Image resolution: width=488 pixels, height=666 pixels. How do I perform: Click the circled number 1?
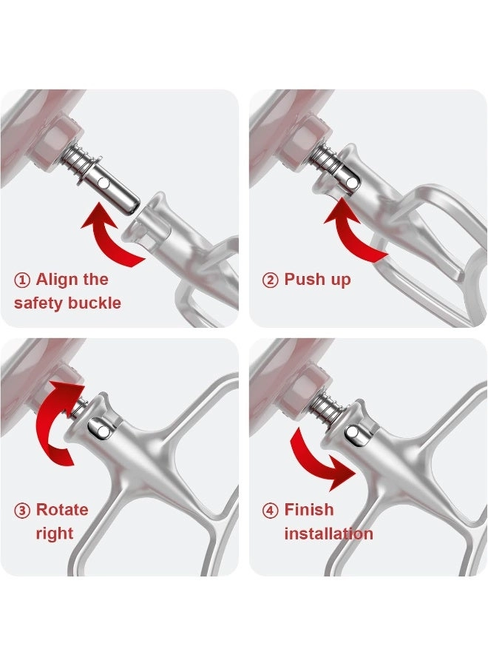[22, 280]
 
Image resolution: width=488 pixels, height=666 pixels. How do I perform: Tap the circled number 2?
[271, 280]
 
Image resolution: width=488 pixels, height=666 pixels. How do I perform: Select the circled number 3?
[22, 510]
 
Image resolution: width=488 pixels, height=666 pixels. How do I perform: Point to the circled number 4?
[271, 510]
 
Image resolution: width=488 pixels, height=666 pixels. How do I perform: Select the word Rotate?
[62, 510]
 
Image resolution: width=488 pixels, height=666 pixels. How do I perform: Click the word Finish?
[309, 510]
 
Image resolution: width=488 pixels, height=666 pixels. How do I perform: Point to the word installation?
[328, 533]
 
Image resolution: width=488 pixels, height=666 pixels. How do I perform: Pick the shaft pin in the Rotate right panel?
[98, 427]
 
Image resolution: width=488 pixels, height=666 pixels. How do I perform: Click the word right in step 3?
[54, 533]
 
